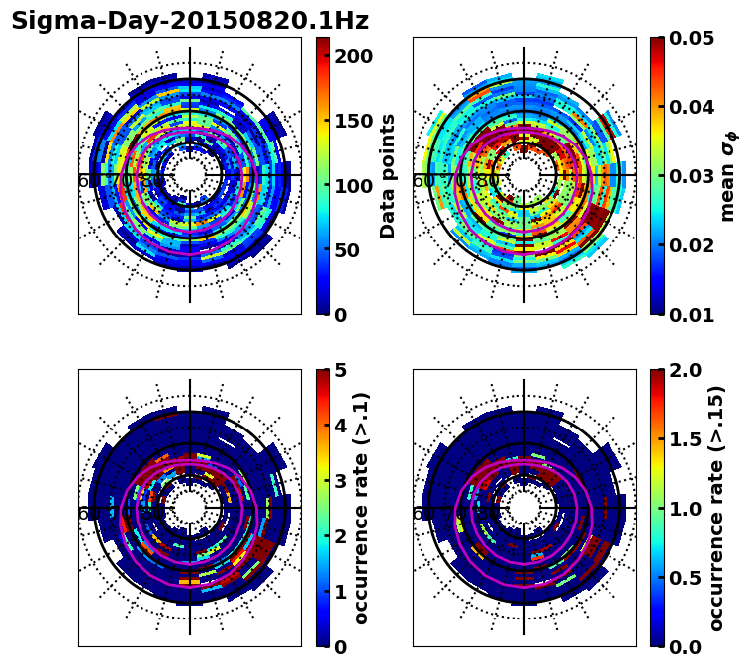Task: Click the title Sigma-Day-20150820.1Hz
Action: pos(190,21)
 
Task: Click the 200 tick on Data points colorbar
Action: pos(352,56)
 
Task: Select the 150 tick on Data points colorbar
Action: pos(352,121)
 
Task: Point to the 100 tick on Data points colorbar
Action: pos(352,185)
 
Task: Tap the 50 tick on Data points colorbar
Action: pos(346,250)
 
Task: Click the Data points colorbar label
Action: pos(389,175)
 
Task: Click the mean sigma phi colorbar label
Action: pos(727,175)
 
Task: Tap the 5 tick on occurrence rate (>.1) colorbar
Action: pos(340,370)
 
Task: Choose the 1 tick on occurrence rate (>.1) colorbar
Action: pos(340,592)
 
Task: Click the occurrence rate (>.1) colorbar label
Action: pos(362,509)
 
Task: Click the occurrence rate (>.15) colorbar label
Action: pos(716,509)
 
